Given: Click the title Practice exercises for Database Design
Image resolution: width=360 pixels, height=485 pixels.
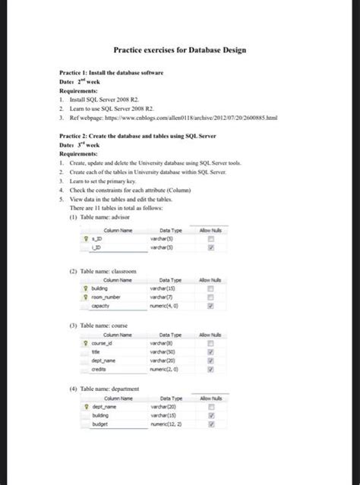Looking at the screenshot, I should (x=179, y=49).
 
